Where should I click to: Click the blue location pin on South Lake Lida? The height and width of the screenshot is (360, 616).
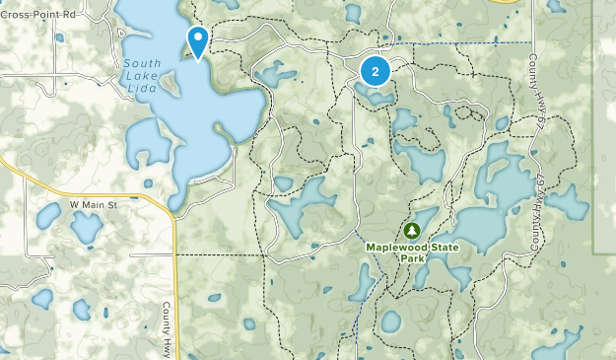point(198,41)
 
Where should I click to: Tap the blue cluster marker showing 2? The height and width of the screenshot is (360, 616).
point(375,71)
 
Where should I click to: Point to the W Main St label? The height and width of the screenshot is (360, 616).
point(93,205)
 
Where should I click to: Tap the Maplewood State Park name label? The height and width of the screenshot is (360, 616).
point(407,252)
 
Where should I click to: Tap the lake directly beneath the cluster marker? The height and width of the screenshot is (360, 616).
point(376,95)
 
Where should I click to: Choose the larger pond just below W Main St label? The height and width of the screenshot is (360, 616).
point(86,229)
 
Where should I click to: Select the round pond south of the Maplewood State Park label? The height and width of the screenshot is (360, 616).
point(391,322)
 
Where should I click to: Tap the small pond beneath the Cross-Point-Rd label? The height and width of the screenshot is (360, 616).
point(60,38)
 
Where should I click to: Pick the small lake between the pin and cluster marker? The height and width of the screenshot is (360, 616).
point(275,74)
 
